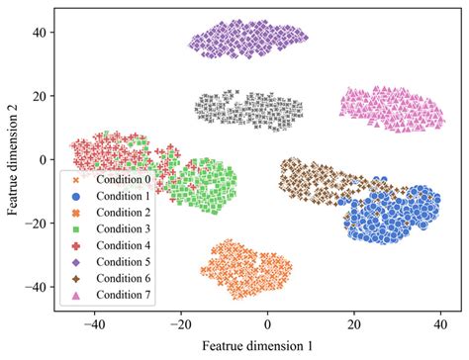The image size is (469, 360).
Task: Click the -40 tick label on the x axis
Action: pos(94,322)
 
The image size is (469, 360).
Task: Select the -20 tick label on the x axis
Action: pos(180,322)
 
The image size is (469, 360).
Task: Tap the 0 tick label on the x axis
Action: pos(267,322)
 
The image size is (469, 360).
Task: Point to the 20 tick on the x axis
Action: pos(353,322)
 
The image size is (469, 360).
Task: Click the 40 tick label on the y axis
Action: pos(40,32)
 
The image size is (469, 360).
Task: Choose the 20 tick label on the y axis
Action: pos(40,95)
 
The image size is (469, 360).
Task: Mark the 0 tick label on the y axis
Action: pos(43,159)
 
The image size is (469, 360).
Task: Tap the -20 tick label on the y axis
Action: pos(37,224)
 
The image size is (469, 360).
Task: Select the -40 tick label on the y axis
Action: pos(37,287)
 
